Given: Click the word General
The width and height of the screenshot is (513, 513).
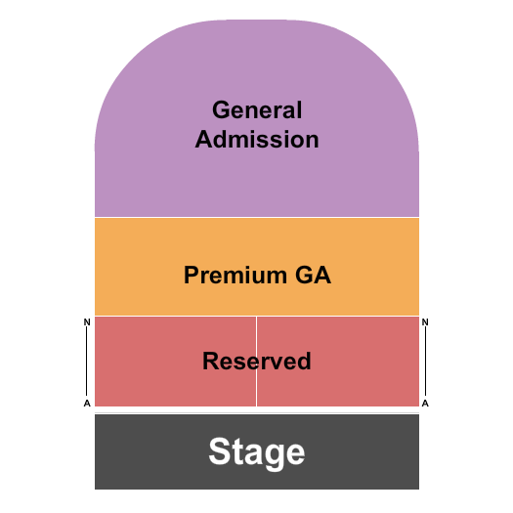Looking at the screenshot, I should tap(257, 110).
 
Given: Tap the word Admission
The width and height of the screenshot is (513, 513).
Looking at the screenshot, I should tap(257, 140).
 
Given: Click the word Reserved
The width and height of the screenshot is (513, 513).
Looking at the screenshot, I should tap(257, 362).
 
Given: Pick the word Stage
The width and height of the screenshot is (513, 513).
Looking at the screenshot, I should tap(257, 452).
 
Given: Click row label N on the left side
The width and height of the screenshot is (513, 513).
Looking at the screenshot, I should tap(87, 321).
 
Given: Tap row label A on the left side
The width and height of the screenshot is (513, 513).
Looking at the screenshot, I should tap(87, 403).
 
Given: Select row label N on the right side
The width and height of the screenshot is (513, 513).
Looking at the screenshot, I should tap(426, 321).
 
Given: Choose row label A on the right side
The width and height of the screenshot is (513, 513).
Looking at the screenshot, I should tap(426, 403).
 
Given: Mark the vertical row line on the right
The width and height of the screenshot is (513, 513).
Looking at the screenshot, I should tap(425, 362).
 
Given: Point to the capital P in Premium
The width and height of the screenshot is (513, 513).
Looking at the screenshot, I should tap(191, 276).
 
